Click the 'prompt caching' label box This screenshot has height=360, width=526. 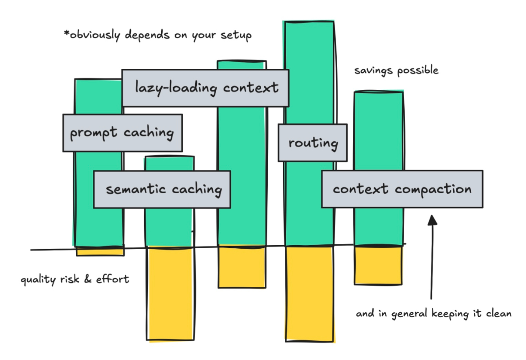click(x=123, y=133)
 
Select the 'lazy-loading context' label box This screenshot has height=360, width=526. click(x=205, y=88)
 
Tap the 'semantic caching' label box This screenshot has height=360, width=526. click(x=162, y=189)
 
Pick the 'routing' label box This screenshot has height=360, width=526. click(x=313, y=143)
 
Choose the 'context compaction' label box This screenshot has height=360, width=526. click(x=402, y=189)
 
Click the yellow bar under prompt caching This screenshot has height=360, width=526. click(x=100, y=251)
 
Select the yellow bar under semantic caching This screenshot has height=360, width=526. click(x=170, y=293)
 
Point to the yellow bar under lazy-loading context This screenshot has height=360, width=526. click(x=242, y=267)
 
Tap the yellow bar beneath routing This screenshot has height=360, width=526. click(x=309, y=294)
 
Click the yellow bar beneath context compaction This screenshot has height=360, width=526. click(x=378, y=265)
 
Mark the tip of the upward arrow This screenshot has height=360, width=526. click(x=432, y=215)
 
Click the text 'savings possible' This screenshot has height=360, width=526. click(x=396, y=71)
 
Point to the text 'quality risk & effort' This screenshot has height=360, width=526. click(x=75, y=279)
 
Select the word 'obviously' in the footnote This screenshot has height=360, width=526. click(x=95, y=35)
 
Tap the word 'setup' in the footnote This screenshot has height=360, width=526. click(x=236, y=35)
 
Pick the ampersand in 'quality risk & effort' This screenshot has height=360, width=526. click(x=88, y=279)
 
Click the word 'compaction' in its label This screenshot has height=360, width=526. click(x=433, y=189)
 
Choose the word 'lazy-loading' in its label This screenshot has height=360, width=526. click(x=176, y=88)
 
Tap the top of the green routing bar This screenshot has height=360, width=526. click(x=309, y=22)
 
